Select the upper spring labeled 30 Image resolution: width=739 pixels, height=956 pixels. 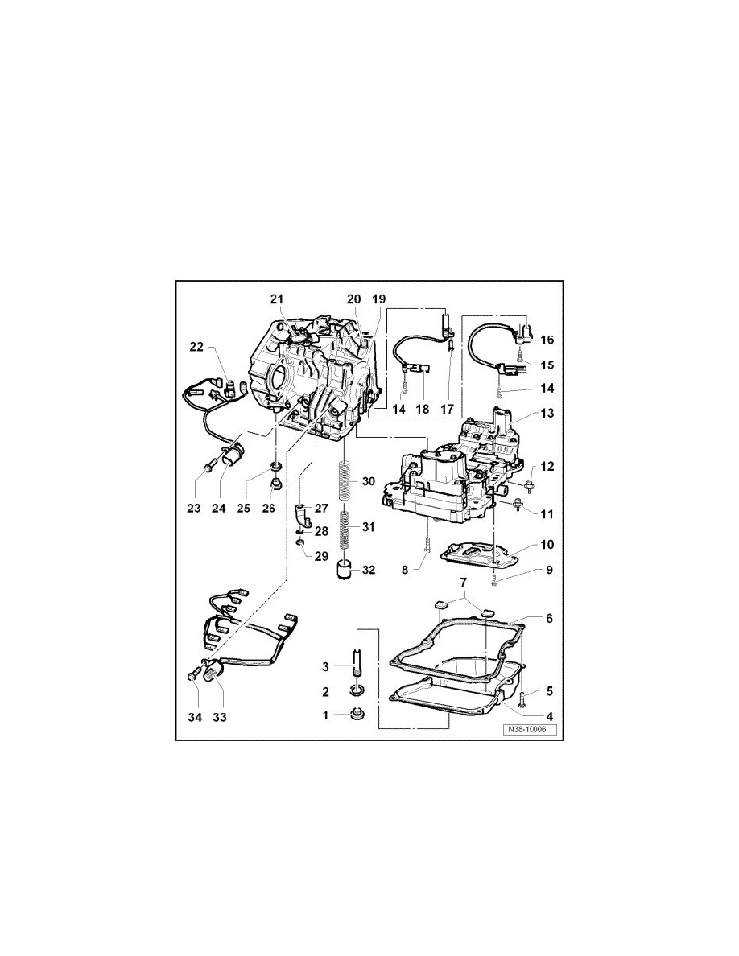[x=346, y=481]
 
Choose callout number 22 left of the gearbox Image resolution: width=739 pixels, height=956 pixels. [x=196, y=347]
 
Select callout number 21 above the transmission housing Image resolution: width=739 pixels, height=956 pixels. [x=277, y=299]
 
